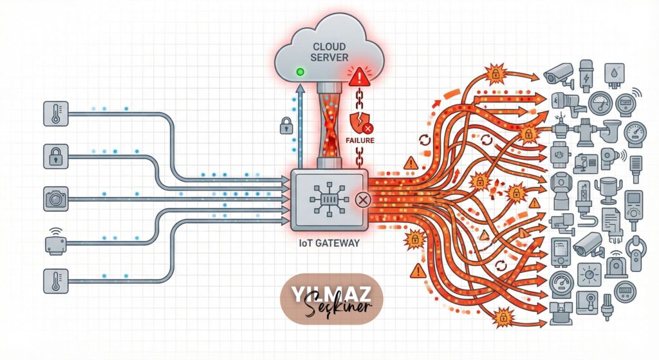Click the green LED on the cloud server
click(x=299, y=71)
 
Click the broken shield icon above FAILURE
click(x=356, y=122)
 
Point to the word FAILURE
click(x=360, y=139)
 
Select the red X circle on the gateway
click(x=362, y=200)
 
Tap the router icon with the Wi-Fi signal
click(x=55, y=242)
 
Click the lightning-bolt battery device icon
click(x=588, y=75)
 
